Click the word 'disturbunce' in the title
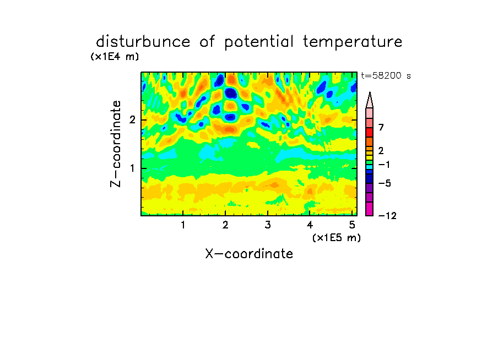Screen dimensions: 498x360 (143, 41)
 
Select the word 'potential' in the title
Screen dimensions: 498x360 (259, 42)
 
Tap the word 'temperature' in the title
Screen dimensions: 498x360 (353, 42)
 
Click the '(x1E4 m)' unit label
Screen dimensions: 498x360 (115, 57)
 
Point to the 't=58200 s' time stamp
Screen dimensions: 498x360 (386, 75)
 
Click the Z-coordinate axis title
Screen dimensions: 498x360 (116, 144)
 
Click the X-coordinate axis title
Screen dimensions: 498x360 (249, 254)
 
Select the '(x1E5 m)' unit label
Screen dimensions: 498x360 (337, 238)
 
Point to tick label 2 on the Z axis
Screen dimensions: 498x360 (132, 120)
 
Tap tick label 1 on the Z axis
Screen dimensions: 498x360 (133, 168)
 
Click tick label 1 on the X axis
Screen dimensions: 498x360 (183, 225)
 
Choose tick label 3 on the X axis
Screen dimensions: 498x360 (268, 225)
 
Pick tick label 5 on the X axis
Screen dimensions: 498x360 (352, 225)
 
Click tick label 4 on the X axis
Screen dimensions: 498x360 (310, 225)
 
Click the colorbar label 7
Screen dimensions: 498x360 (381, 128)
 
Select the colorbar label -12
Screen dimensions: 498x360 (387, 216)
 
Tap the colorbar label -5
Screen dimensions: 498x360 (385, 183)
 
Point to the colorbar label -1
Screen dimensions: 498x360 (384, 165)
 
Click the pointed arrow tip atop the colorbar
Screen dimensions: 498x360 (370, 92)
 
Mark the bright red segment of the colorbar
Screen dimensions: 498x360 (370, 132)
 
